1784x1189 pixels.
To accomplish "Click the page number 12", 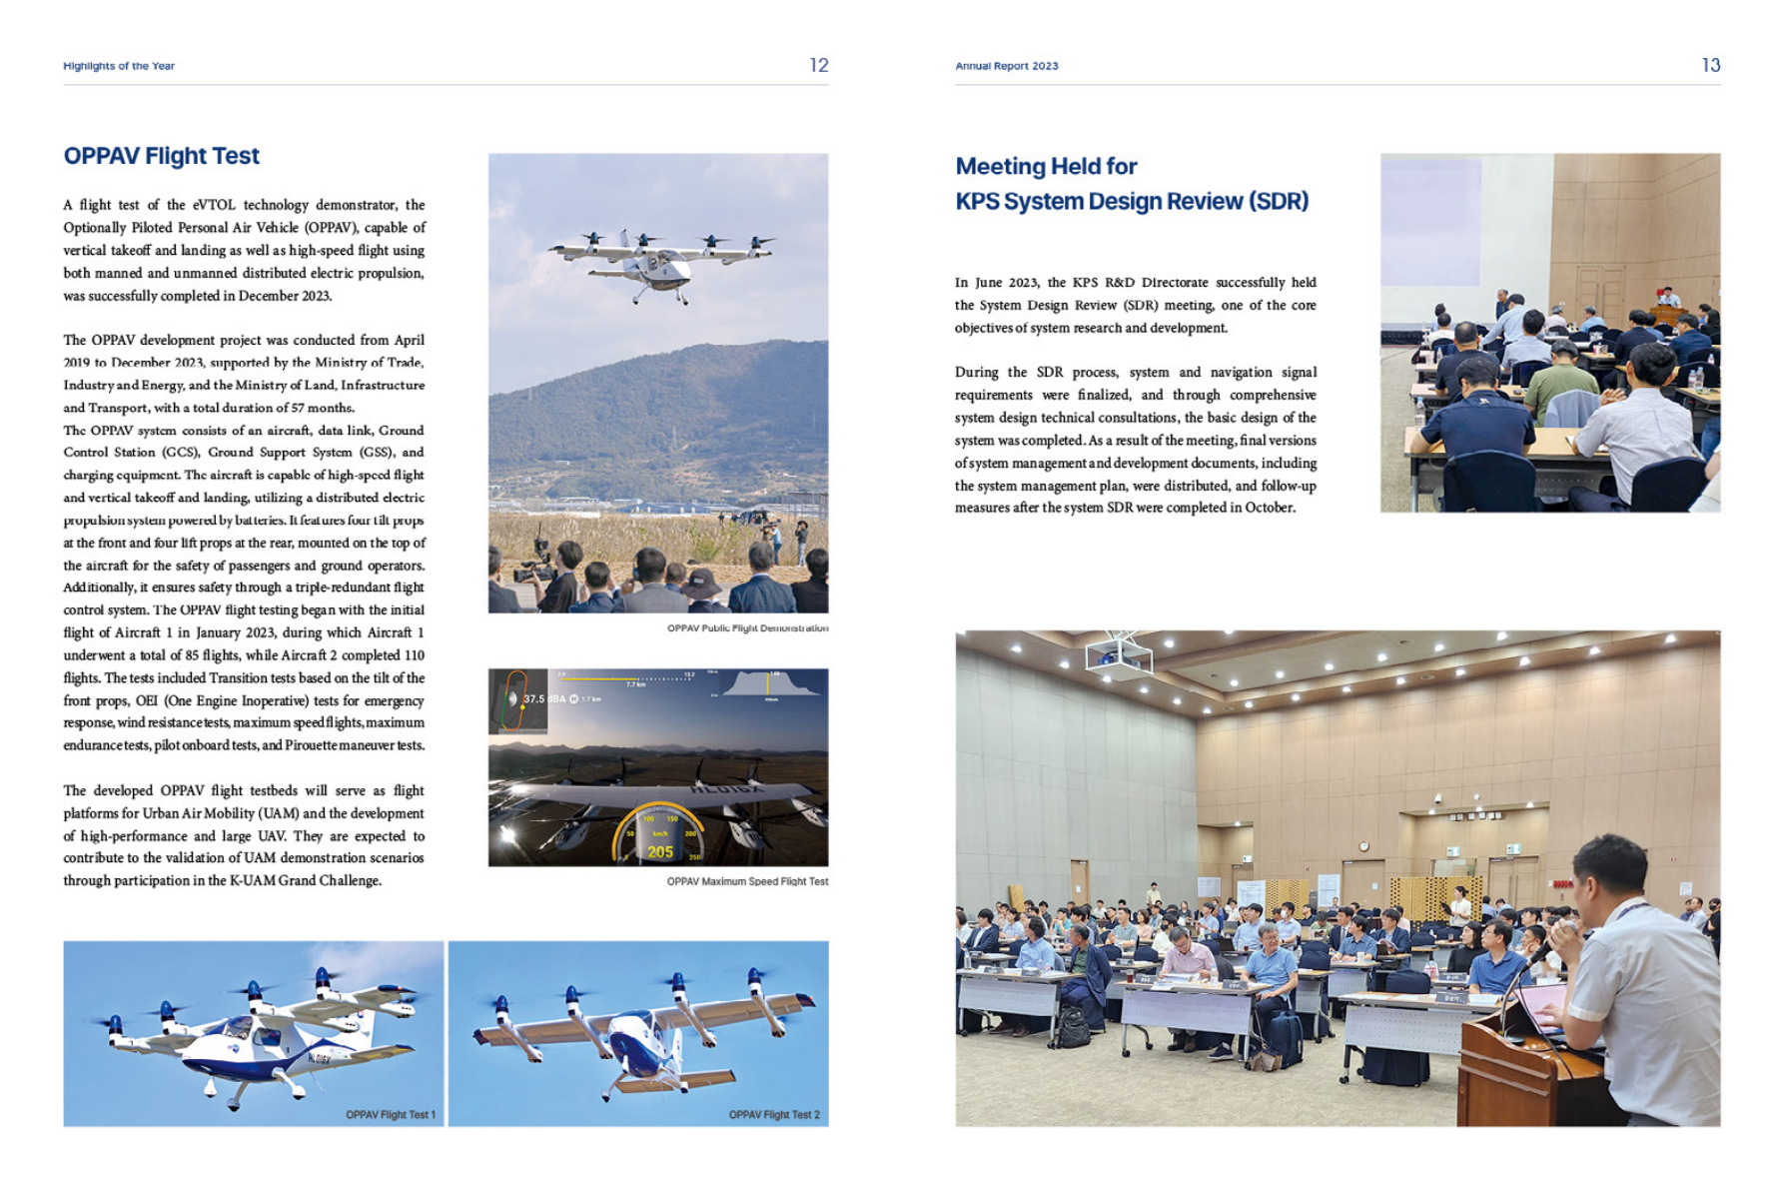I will tap(818, 65).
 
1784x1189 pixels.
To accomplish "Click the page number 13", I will tap(1710, 65).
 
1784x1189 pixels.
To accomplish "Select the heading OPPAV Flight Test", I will tap(161, 156).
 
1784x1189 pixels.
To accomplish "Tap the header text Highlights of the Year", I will tap(119, 66).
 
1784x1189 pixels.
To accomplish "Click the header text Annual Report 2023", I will tap(1006, 66).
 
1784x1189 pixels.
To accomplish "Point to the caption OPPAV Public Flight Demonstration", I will tap(747, 628).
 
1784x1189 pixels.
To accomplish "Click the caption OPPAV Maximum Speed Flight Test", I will tap(747, 881).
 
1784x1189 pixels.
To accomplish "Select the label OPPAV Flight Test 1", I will tap(391, 1114).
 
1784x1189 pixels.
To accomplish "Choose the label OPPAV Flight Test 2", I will tap(774, 1114).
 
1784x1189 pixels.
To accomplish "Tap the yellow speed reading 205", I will tap(660, 851).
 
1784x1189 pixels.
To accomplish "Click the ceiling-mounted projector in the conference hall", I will tap(1119, 655).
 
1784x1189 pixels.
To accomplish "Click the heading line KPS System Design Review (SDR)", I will tap(1132, 201).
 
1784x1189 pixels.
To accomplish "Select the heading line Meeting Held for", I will tap(1046, 166).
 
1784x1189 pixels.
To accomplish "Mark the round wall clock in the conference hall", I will tap(1363, 846).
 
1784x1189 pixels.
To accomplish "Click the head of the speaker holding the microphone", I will tap(1609, 869).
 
